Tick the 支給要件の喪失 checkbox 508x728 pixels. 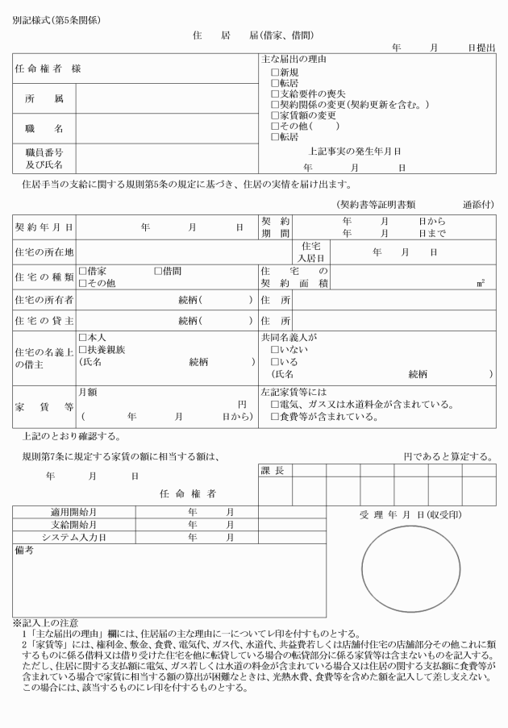click(x=275, y=94)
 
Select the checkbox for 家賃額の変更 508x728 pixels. click(x=275, y=115)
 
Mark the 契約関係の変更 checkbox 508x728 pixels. click(x=275, y=105)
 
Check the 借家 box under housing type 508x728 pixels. click(x=82, y=272)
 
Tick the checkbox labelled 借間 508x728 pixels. click(x=159, y=272)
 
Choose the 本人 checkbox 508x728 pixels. click(x=82, y=338)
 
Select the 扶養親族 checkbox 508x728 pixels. click(x=82, y=349)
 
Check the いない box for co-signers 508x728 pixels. click(x=275, y=350)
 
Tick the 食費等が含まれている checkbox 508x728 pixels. click(x=275, y=417)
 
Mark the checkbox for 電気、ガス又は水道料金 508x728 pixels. click(x=275, y=405)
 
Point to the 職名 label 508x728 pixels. click(x=44, y=128)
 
